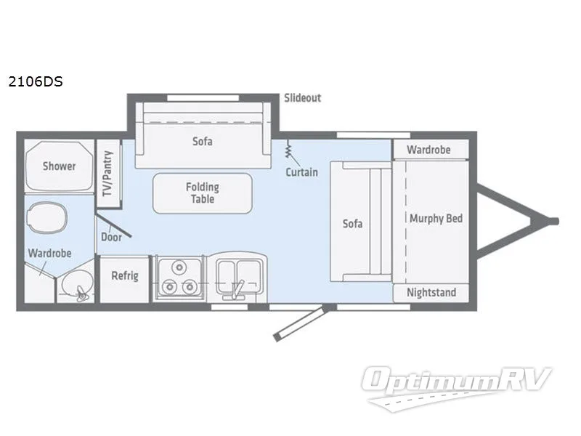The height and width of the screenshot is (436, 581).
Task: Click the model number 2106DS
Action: [x=35, y=81]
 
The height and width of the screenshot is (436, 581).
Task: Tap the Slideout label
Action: [x=302, y=98]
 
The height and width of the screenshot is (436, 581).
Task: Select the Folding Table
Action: [x=202, y=193]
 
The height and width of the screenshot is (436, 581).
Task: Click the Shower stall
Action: [x=59, y=166]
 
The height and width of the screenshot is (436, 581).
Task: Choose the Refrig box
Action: [x=124, y=276]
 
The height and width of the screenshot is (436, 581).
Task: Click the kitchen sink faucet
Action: [x=235, y=288]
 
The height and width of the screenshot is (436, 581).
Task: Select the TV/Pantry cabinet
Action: [x=108, y=173]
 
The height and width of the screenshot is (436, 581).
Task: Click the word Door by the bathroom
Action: [x=110, y=238]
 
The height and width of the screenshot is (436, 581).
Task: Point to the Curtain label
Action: [x=301, y=172]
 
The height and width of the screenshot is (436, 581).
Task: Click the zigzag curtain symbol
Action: [x=289, y=151]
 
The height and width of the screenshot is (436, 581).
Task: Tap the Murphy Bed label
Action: [x=436, y=219]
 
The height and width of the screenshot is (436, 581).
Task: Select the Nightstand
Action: [x=431, y=293]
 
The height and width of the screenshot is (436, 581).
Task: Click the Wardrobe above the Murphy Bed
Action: [x=428, y=150]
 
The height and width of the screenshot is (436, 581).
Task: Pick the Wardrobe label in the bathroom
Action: [x=49, y=254]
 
